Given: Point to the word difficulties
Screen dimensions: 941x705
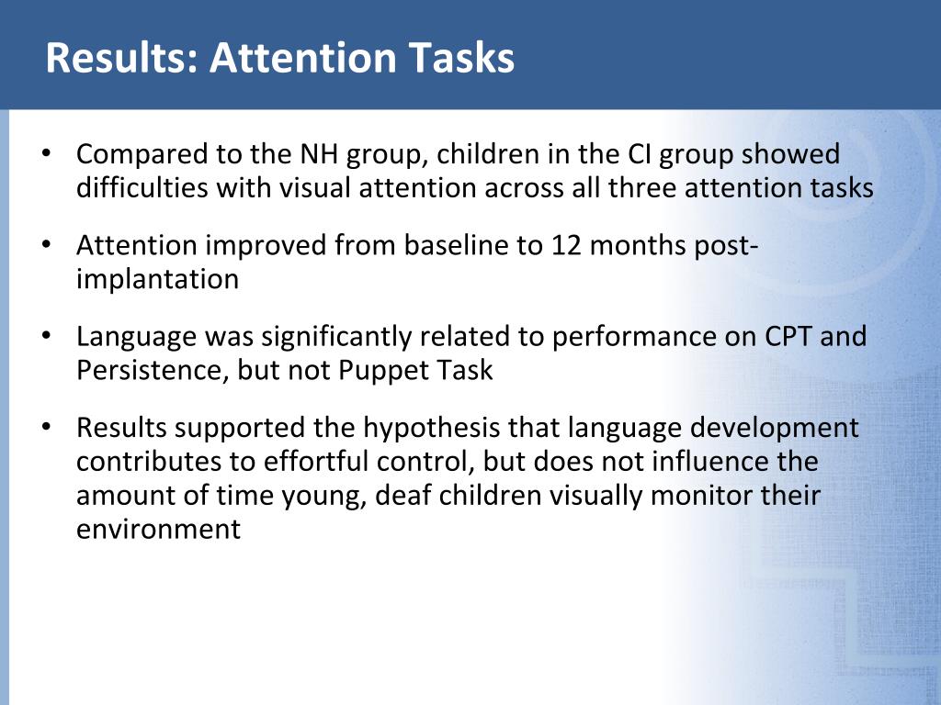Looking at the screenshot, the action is (142, 187).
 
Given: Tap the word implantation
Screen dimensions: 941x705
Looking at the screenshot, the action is (157, 279).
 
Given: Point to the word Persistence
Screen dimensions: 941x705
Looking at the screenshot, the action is (153, 370).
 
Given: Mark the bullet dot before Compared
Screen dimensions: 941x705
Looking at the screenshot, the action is (46, 153).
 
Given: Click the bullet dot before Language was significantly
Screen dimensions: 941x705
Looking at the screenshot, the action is (46, 336).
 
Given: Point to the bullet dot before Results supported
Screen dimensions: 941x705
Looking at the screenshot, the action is (46, 427).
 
